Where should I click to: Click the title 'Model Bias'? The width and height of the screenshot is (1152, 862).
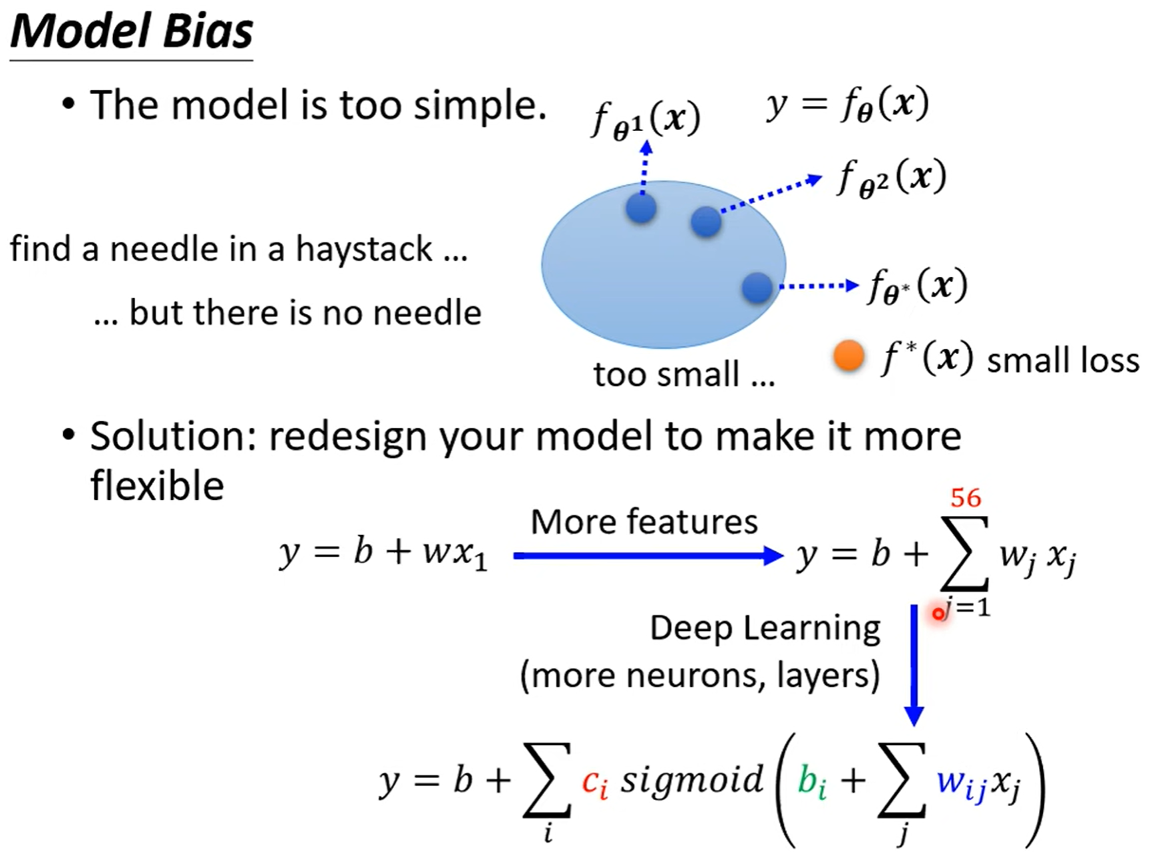click(x=132, y=31)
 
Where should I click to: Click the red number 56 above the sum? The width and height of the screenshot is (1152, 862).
click(x=966, y=498)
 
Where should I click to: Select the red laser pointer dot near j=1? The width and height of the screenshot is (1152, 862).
click(x=939, y=613)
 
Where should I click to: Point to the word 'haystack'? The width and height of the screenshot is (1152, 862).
click(x=364, y=250)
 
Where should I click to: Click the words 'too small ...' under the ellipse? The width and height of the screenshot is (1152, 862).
click(x=684, y=375)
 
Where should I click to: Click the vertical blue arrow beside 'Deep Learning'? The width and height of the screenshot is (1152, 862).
click(x=914, y=666)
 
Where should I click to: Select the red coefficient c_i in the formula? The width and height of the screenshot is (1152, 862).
click(x=594, y=783)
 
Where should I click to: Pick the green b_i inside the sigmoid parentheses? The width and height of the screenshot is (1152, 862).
click(x=812, y=782)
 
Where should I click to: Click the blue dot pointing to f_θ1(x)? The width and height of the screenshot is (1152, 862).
click(x=642, y=209)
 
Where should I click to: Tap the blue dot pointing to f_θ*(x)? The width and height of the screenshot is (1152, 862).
click(x=757, y=288)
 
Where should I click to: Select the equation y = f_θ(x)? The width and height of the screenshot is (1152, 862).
click(x=847, y=105)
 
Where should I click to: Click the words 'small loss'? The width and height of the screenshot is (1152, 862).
click(x=1063, y=361)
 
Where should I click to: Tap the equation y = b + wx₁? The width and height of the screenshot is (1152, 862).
click(x=383, y=553)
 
